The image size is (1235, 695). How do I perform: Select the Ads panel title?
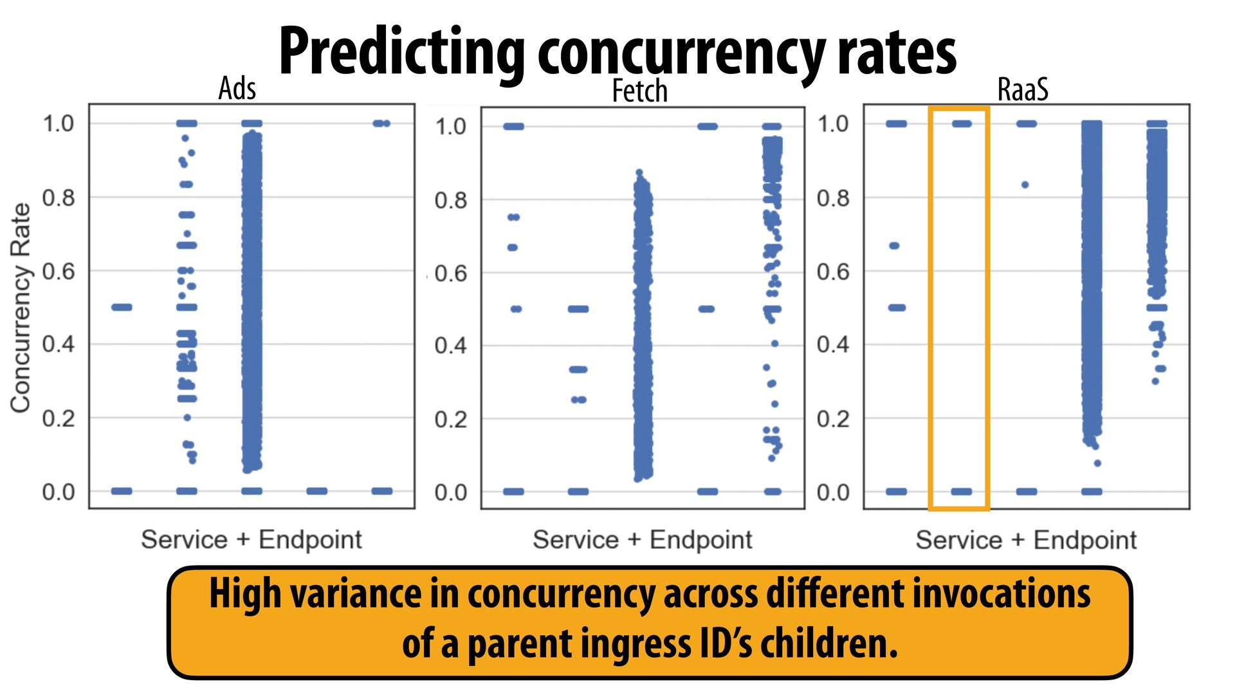point(237,88)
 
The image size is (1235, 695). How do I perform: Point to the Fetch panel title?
point(639,91)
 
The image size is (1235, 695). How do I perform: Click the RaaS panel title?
point(1022,89)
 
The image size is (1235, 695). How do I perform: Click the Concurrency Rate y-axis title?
point(21,308)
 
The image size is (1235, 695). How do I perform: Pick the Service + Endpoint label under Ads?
point(252,539)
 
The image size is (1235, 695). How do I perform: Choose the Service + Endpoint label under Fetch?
point(642,539)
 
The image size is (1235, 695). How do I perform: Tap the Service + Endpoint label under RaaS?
point(1026,539)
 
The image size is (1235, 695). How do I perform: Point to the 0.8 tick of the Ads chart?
point(59,198)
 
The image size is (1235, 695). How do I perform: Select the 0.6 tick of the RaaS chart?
point(833,272)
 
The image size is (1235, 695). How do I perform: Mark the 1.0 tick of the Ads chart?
point(59,124)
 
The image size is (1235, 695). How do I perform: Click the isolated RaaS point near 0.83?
point(1025,185)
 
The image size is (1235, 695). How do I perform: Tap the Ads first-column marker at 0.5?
point(122,307)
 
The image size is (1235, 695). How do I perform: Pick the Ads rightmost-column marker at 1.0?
point(381,124)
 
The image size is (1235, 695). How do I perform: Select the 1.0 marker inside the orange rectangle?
point(962,124)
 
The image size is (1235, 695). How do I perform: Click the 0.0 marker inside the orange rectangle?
point(962,492)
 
